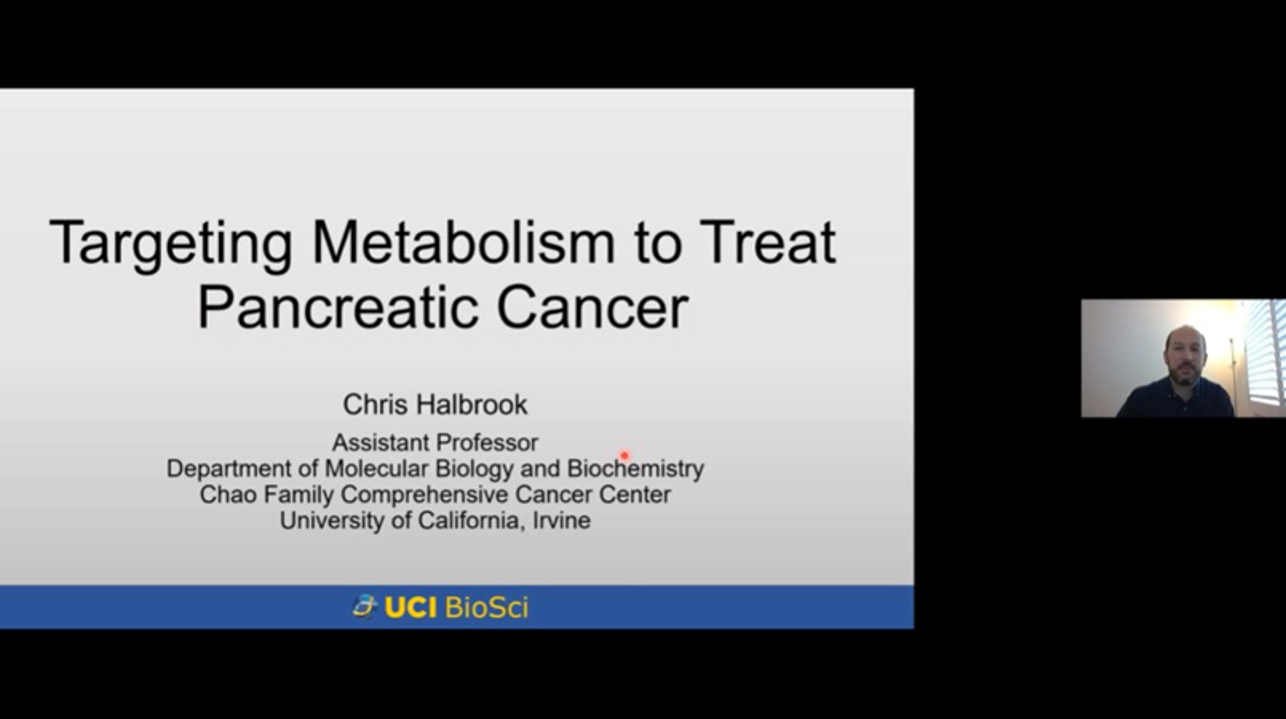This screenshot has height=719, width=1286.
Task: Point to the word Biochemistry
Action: point(635,469)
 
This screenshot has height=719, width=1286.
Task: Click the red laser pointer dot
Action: point(624,455)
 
